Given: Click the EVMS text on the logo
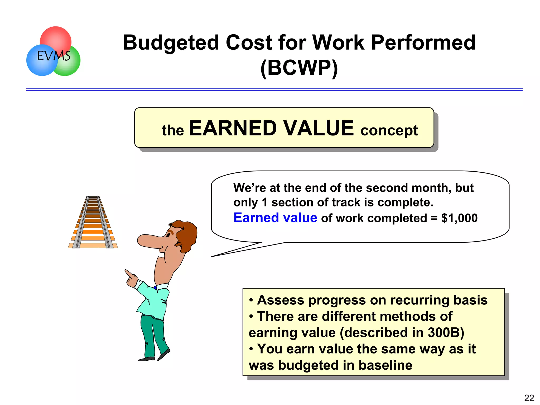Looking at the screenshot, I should click(x=54, y=56).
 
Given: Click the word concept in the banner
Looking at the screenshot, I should click(x=389, y=130).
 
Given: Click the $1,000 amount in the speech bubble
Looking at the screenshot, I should click(x=459, y=218).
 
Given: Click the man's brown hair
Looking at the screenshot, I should click(x=187, y=235).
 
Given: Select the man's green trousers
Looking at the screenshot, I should click(x=153, y=335).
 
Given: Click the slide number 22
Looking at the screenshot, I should click(x=529, y=398).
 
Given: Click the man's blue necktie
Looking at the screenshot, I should click(x=155, y=288).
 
